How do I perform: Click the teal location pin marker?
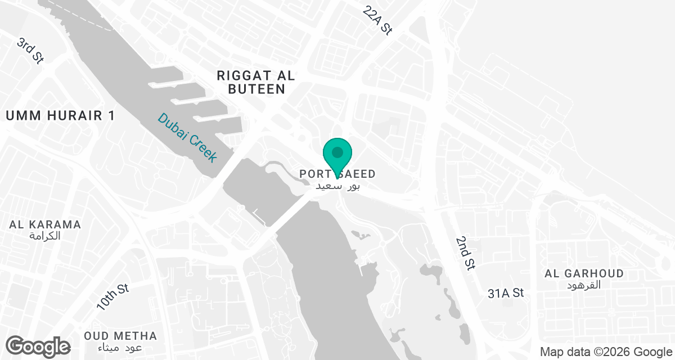[337, 153]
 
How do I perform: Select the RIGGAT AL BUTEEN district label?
[256, 82]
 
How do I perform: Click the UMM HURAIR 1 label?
[60, 116]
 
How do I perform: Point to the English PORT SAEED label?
[337, 174]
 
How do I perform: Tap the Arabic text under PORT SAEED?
[337, 186]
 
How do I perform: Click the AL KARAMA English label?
[45, 224]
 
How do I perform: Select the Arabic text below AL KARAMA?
[45, 236]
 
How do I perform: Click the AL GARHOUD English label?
[584, 273]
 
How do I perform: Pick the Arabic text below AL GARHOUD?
[584, 285]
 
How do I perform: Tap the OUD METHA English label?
[120, 336]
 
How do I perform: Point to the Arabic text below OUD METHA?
[120, 348]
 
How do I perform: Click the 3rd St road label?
[30, 51]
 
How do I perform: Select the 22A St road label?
[377, 21]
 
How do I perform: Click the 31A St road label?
[506, 293]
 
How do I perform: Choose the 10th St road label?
[112, 297]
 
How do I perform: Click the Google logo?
[38, 346]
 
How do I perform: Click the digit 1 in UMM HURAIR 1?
[111, 116]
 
